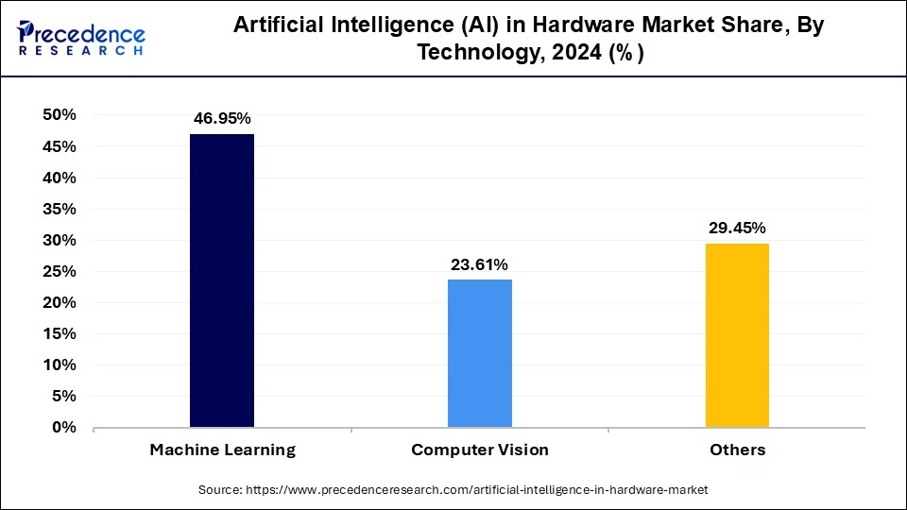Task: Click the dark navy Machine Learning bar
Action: click(x=222, y=280)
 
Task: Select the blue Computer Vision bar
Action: click(x=480, y=353)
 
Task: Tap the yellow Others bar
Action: click(x=737, y=335)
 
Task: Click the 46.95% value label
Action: click(x=222, y=119)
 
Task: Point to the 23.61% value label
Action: click(x=480, y=264)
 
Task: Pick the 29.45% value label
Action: click(x=737, y=228)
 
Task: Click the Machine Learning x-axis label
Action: click(x=222, y=450)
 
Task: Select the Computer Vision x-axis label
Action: click(x=480, y=450)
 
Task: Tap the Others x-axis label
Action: click(x=737, y=450)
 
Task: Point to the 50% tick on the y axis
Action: click(x=60, y=115)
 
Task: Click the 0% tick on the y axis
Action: click(x=64, y=428)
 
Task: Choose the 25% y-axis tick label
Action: click(x=60, y=272)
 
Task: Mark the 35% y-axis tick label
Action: click(x=60, y=209)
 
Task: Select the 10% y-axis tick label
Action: click(x=60, y=365)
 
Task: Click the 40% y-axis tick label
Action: click(x=60, y=178)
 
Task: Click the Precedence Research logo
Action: click(x=80, y=37)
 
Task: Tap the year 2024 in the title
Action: click(x=563, y=54)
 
